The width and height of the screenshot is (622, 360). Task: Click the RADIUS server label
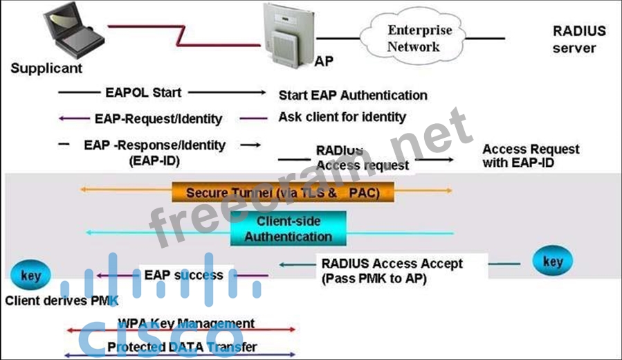coord(578,39)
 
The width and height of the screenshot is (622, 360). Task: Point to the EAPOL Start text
coord(143,92)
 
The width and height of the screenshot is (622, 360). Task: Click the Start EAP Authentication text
coord(352,95)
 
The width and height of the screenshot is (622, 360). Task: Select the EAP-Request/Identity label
coord(158,118)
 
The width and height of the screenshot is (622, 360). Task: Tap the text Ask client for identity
coord(342,116)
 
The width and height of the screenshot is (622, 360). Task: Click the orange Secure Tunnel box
coord(283,192)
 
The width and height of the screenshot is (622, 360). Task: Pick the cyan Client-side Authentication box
coord(288,228)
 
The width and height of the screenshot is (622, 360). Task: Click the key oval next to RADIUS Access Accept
coord(552,262)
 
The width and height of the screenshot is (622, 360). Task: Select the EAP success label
coord(183,275)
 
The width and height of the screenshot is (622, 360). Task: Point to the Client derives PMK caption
coord(62,301)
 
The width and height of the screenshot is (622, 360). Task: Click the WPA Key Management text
coord(185,323)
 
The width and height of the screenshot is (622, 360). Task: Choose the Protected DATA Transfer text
coord(182,347)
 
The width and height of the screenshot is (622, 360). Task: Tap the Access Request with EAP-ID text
coord(530,156)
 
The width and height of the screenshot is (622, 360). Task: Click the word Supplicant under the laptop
coord(46,68)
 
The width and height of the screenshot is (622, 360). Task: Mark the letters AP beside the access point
coord(324,61)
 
